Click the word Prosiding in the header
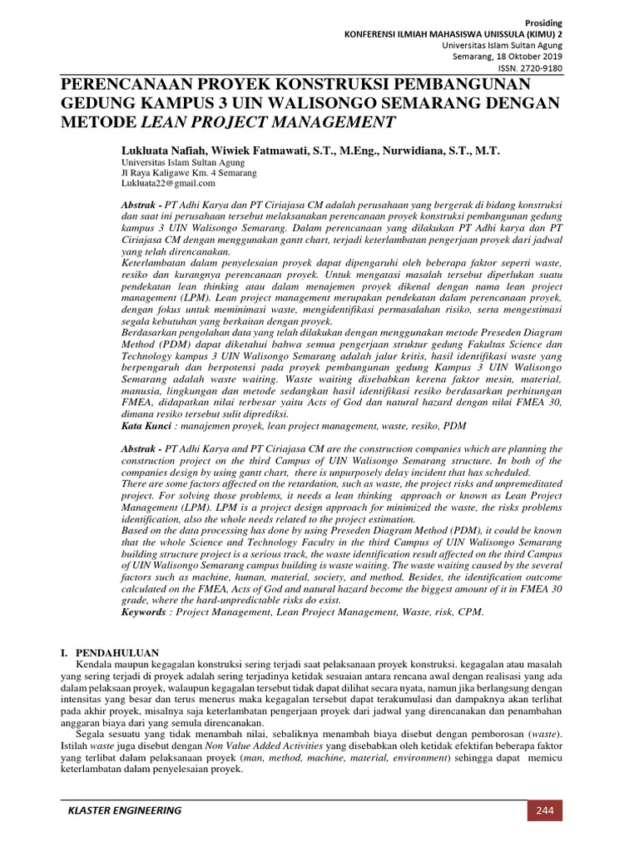pos(545,22)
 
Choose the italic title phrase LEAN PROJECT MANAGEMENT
pos(266,123)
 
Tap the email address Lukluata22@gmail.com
pos(168,182)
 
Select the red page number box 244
pos(544,810)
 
